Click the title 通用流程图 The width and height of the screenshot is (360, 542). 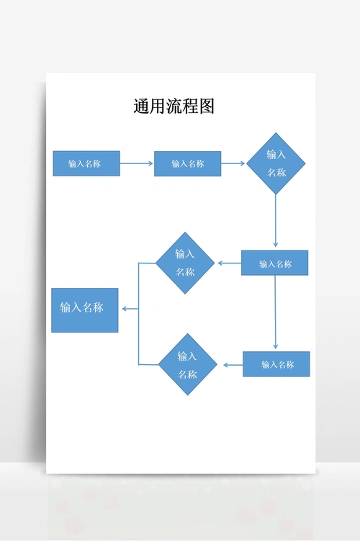(174, 107)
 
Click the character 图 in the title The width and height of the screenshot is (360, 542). (207, 107)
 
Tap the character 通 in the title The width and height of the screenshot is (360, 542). (141, 107)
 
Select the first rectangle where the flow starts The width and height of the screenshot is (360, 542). (86, 163)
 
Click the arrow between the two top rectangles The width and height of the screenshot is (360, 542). (137, 163)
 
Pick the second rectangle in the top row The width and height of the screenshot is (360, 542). (187, 163)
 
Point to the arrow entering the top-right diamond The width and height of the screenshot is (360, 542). (233, 163)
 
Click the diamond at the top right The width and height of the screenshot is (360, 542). (276, 163)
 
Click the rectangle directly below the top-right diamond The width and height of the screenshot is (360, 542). (274, 263)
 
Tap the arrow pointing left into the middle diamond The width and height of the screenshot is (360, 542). (229, 263)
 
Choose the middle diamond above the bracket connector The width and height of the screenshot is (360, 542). (185, 263)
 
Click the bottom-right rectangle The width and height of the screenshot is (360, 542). (276, 364)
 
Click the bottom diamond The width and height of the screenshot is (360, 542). (187, 365)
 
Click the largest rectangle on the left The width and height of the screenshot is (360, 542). (84, 310)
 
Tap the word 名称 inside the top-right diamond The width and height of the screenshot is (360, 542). (276, 173)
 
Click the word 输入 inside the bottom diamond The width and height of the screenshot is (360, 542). (187, 356)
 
